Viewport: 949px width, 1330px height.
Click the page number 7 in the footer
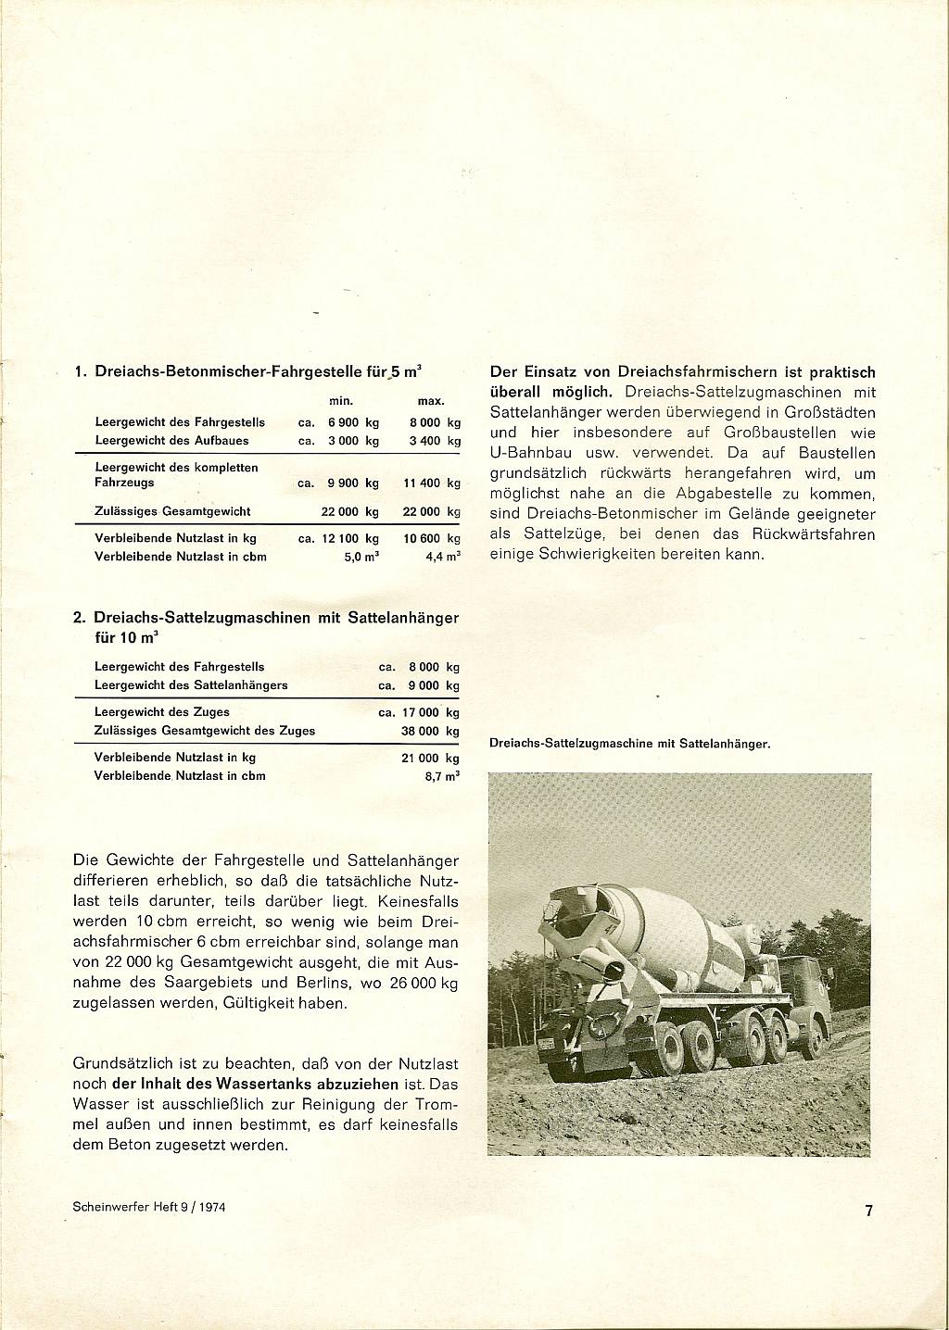pos(868,1210)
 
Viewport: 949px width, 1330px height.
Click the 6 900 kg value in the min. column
pos(353,422)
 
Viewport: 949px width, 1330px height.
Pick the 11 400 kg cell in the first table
pos(432,483)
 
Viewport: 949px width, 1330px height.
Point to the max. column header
pos(432,401)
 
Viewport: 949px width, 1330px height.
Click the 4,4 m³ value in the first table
pos(442,557)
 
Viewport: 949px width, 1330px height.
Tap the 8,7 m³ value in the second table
pos(442,776)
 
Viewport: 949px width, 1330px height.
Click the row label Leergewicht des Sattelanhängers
pos(191,685)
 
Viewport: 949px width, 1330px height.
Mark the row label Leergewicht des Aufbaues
pos(171,441)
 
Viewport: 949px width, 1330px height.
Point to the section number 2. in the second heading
pos(79,617)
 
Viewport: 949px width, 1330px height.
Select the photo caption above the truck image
pos(629,743)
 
